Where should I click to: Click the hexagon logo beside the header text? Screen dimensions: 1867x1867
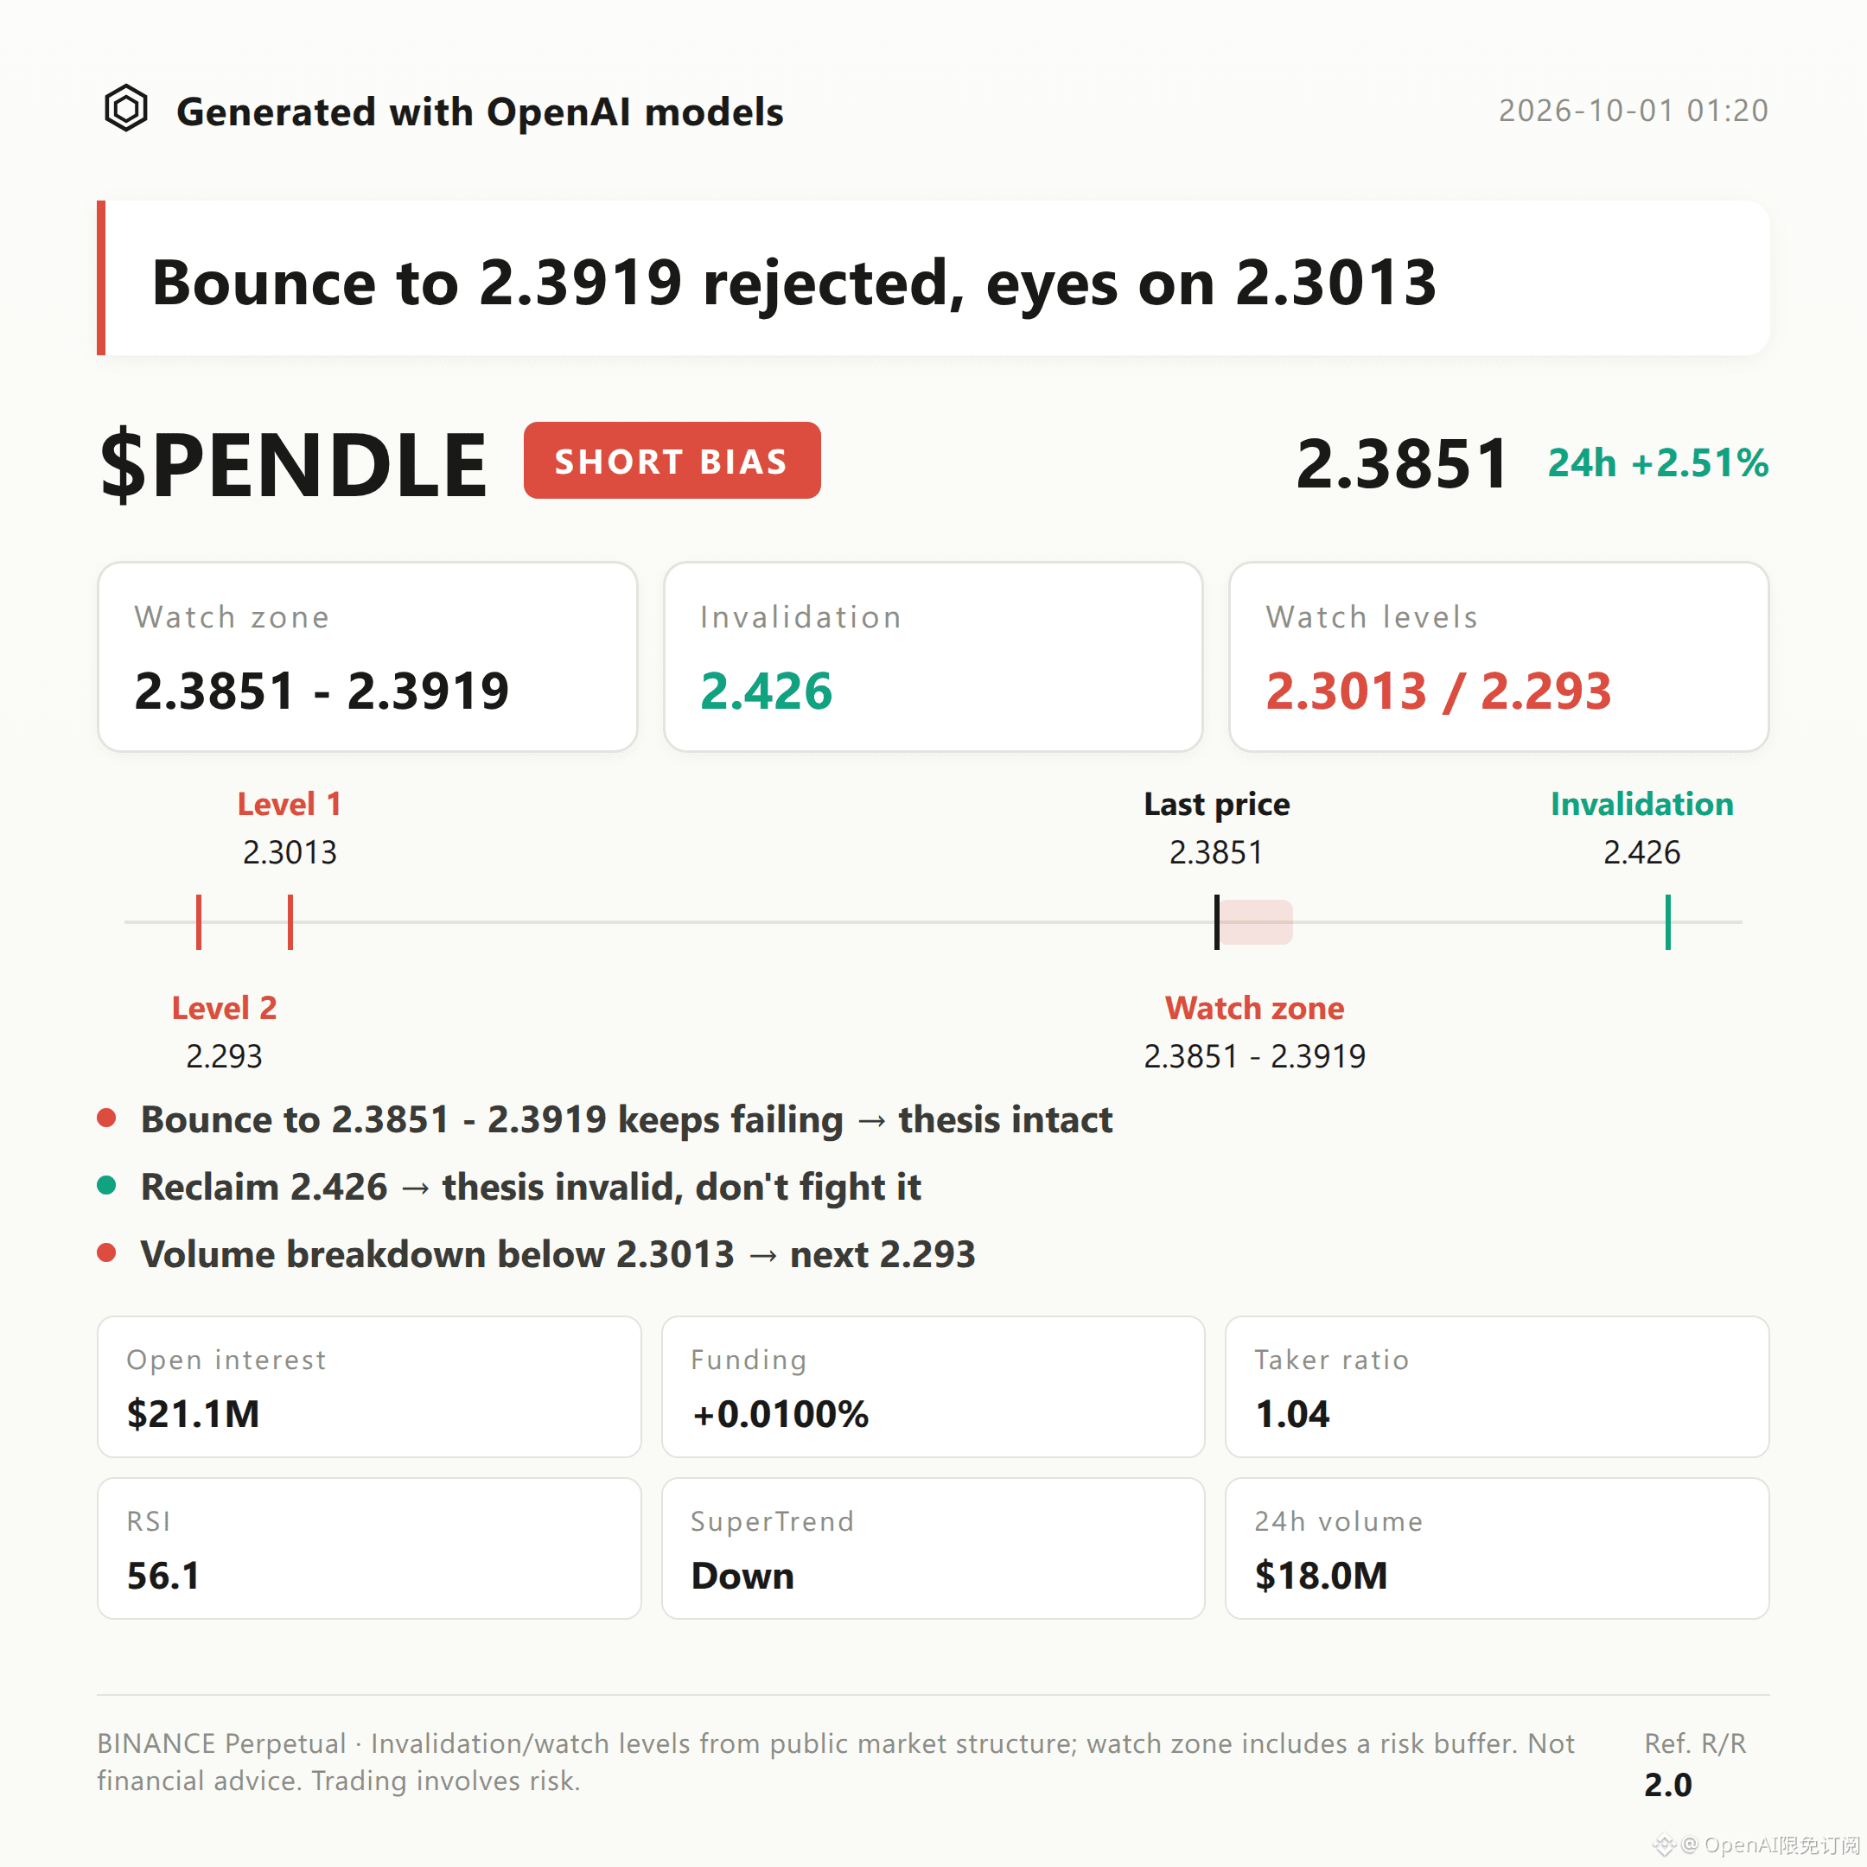[125, 108]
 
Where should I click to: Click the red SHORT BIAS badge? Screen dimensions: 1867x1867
[672, 460]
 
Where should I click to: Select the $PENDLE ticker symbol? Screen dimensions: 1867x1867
[294, 464]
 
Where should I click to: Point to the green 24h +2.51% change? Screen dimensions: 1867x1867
[1659, 463]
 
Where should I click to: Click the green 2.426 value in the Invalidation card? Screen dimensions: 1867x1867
[767, 690]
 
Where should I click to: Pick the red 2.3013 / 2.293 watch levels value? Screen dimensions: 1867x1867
[1439, 690]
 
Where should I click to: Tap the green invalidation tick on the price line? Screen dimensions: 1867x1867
[1668, 922]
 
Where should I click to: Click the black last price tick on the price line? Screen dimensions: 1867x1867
[1217, 922]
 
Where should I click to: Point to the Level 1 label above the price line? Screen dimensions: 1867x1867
[289, 804]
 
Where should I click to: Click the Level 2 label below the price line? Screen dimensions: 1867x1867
[224, 1008]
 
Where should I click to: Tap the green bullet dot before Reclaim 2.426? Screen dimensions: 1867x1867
[107, 1186]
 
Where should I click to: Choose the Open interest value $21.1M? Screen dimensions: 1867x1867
[194, 1414]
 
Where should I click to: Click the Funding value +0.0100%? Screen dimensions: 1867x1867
[780, 1414]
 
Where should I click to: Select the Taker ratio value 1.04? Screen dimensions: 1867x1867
[1292, 1414]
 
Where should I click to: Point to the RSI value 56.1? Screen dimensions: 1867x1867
[163, 1575]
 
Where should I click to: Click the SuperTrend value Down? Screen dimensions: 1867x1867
[742, 1575]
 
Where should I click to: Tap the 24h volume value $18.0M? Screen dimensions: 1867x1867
[1321, 1575]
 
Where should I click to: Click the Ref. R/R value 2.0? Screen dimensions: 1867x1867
[1668, 1785]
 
